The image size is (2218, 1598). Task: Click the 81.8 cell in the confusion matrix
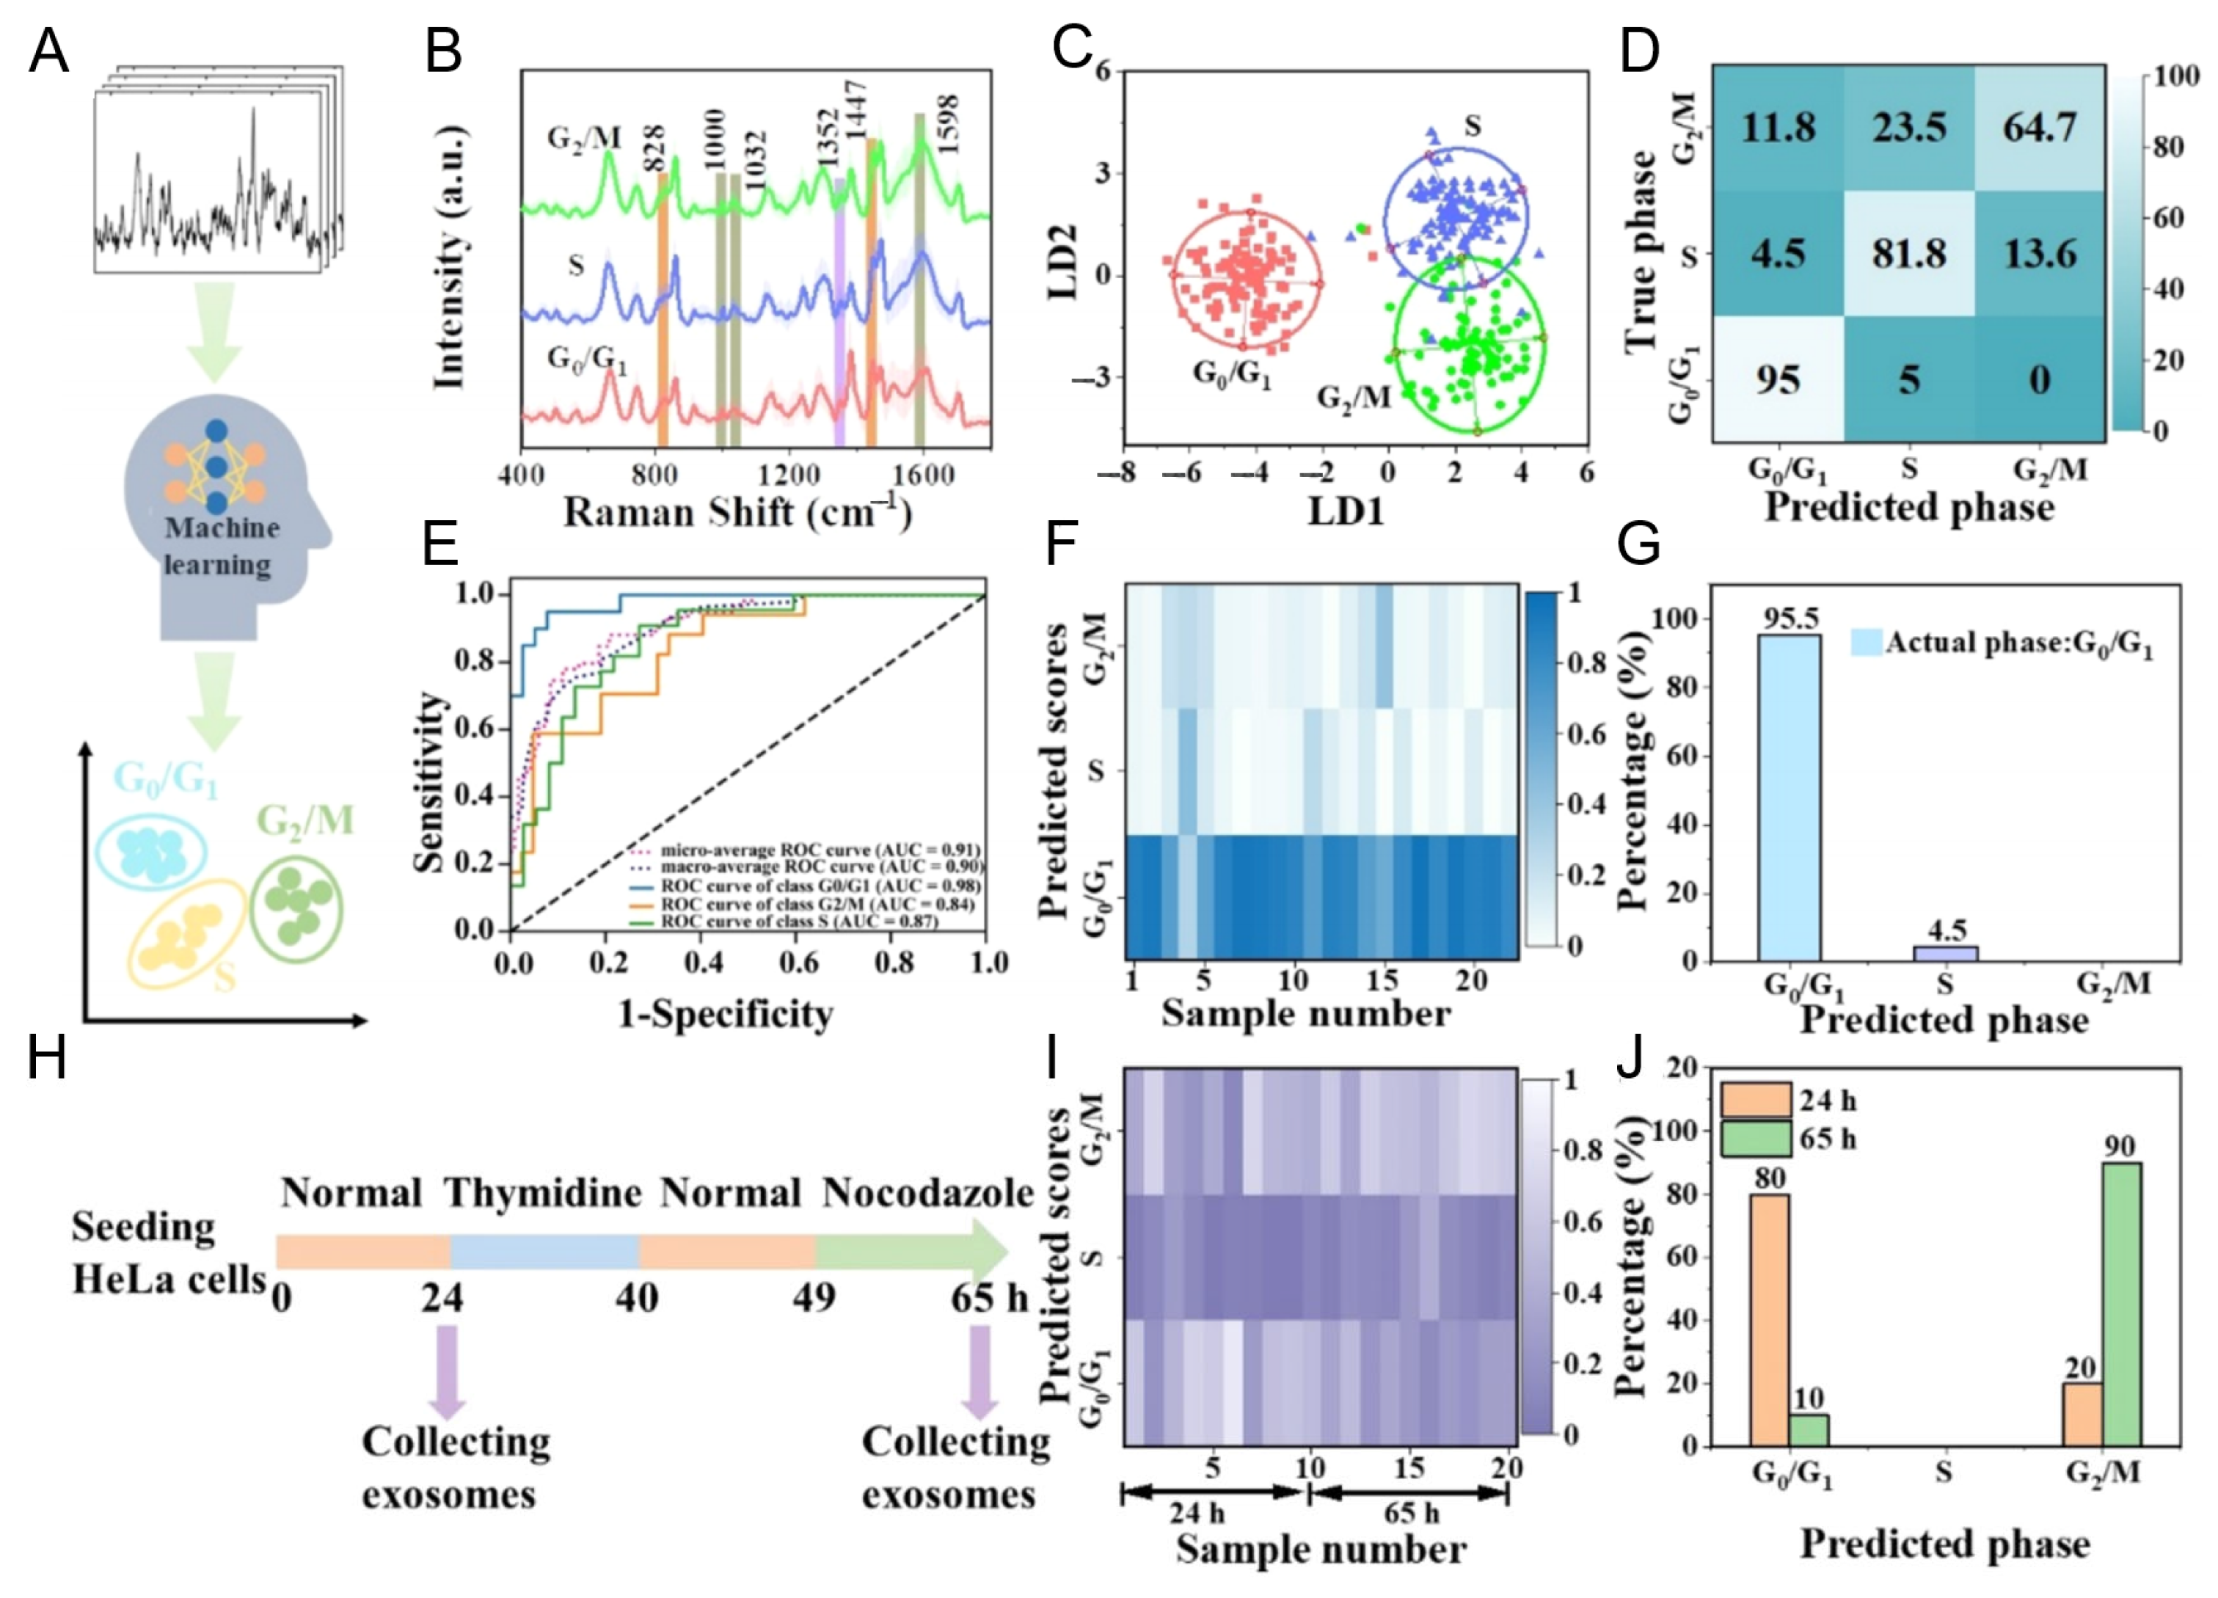coord(1909,255)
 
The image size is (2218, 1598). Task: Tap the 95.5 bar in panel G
coord(1789,797)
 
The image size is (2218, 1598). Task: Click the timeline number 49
coord(814,1298)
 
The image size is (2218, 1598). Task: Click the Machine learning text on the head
coord(219,546)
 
